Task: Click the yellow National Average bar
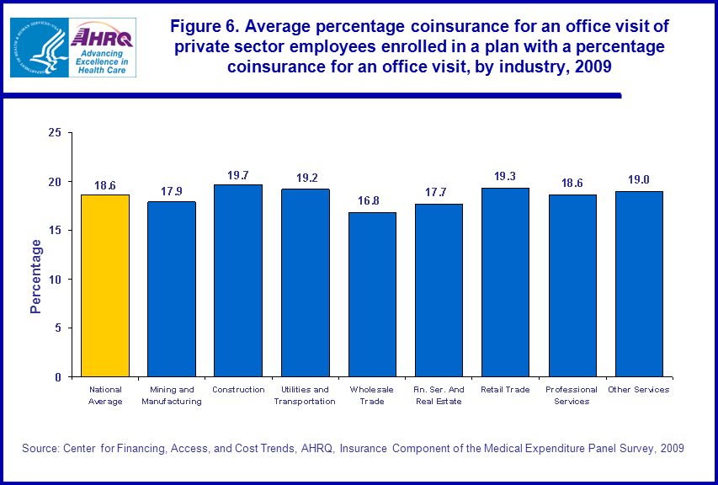pos(105,285)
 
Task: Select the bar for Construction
pos(238,280)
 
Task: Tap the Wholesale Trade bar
pos(372,295)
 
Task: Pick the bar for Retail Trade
pos(505,282)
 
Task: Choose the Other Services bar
pos(639,284)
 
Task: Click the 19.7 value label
pos(238,175)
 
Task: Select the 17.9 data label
pos(172,192)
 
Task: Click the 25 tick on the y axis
pos(56,133)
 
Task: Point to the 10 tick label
pos(56,280)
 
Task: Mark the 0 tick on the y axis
pos(59,377)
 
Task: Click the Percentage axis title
pos(36,276)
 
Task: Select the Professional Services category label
pos(572,396)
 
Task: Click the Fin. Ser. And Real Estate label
pos(439,396)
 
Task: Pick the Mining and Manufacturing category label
pos(172,396)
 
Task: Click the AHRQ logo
pos(102,47)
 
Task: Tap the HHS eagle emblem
pos(39,47)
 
